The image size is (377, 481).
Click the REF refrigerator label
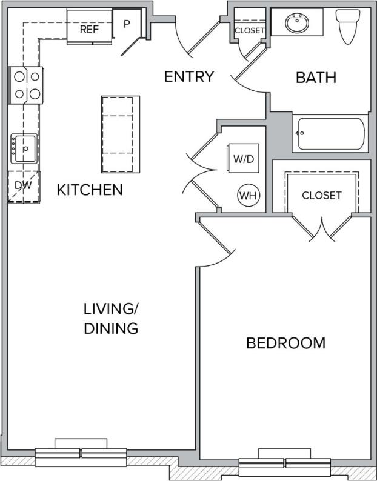click(89, 28)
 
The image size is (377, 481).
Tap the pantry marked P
click(127, 24)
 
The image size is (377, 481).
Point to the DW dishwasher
click(23, 186)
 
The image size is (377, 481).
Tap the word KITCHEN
click(90, 190)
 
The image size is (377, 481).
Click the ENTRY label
click(189, 77)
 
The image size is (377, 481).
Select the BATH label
click(316, 78)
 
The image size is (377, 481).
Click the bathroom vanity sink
click(296, 24)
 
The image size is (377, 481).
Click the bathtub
click(331, 134)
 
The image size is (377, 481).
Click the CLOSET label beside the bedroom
click(322, 196)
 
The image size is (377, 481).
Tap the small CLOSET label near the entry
click(249, 30)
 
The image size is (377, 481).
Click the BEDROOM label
click(285, 343)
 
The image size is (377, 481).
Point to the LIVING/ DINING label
click(111, 319)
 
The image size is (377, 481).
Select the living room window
click(81, 453)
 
